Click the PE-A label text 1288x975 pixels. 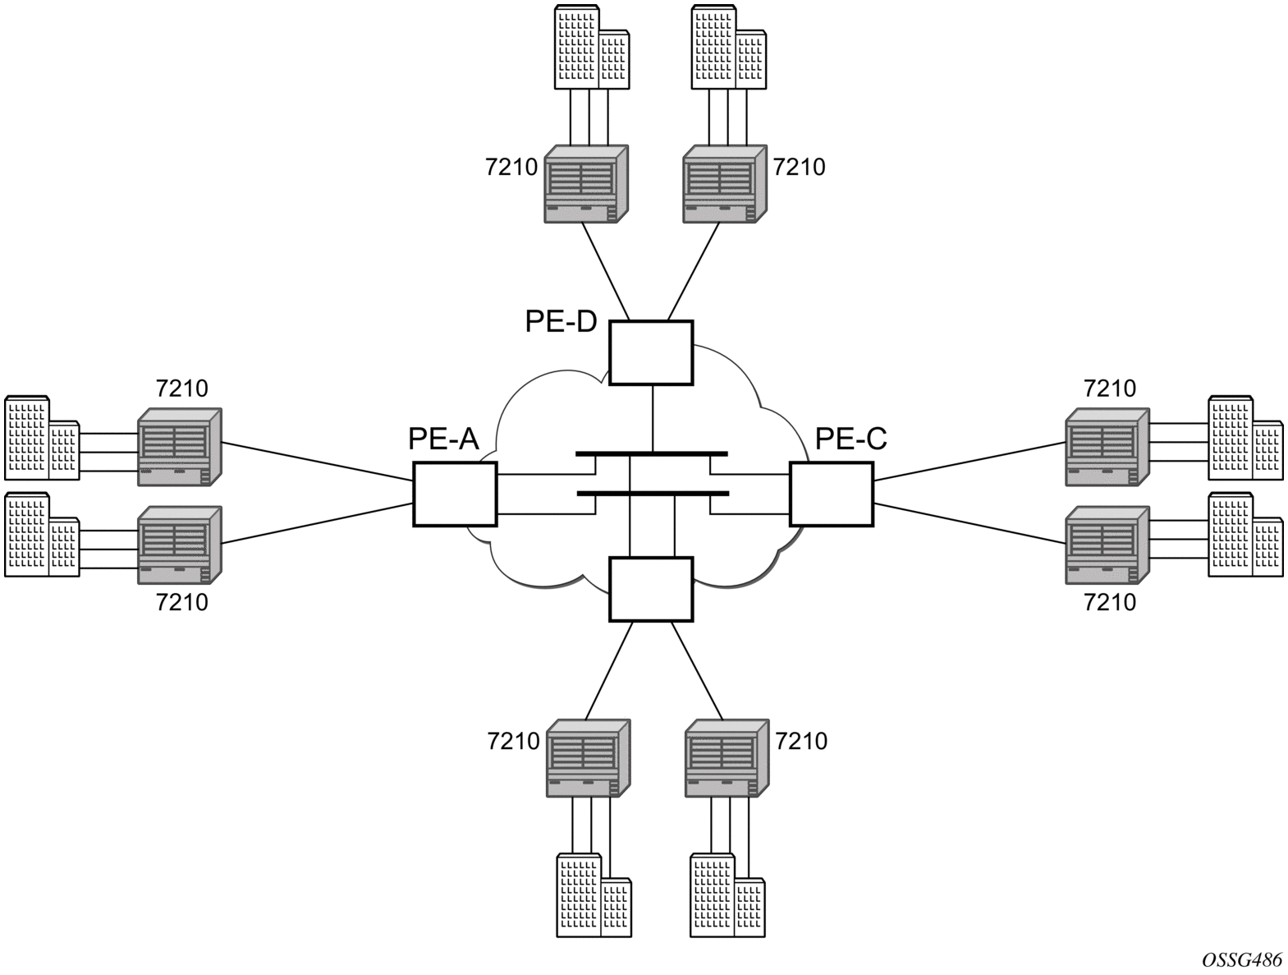tap(443, 439)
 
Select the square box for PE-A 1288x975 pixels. tap(455, 494)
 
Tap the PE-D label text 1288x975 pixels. tap(561, 322)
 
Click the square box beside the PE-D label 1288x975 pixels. tap(651, 352)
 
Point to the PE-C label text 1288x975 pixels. tap(850, 439)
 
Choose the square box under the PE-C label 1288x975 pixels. tap(832, 494)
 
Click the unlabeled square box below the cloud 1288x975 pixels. tap(651, 589)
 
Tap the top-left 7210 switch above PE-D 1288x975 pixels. tap(586, 184)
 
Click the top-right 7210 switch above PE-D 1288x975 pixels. tap(725, 184)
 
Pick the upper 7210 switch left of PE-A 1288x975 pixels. tap(180, 447)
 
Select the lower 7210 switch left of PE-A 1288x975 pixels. tap(180, 545)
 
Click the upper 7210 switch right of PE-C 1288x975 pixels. tap(1107, 447)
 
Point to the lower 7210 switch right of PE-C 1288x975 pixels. tap(1107, 545)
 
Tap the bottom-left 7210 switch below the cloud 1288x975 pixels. tap(588, 758)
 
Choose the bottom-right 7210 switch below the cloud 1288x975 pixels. tap(727, 758)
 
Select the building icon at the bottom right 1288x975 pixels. tap(727, 895)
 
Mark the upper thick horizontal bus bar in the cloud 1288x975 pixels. tap(652, 453)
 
